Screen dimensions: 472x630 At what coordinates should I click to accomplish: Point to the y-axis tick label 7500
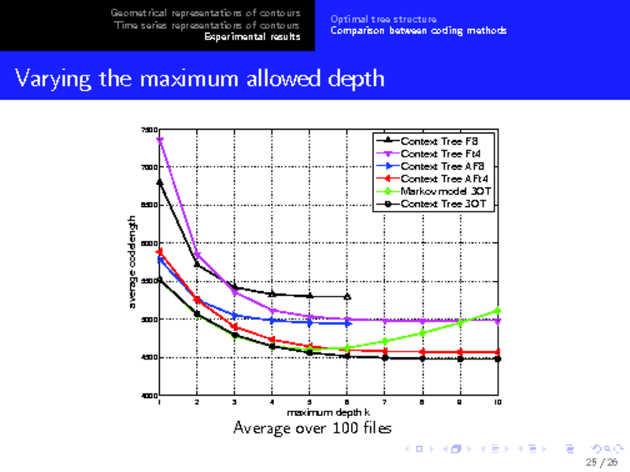[149, 130]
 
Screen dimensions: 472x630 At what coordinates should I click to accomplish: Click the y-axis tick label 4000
[149, 395]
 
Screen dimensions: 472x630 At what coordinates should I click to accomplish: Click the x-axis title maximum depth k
[328, 411]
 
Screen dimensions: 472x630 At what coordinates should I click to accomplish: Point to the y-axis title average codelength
[133, 262]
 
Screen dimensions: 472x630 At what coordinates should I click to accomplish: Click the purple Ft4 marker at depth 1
[160, 140]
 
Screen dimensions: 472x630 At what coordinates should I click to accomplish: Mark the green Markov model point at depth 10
[498, 311]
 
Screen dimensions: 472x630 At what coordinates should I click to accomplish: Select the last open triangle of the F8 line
[347, 297]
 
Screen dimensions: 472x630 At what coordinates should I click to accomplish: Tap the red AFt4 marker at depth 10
[498, 352]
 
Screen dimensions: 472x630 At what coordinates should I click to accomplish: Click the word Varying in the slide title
[49, 78]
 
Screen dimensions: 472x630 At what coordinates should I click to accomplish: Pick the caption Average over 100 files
[313, 428]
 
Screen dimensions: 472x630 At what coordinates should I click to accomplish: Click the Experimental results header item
[252, 37]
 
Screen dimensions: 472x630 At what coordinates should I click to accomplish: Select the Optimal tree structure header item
[384, 19]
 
